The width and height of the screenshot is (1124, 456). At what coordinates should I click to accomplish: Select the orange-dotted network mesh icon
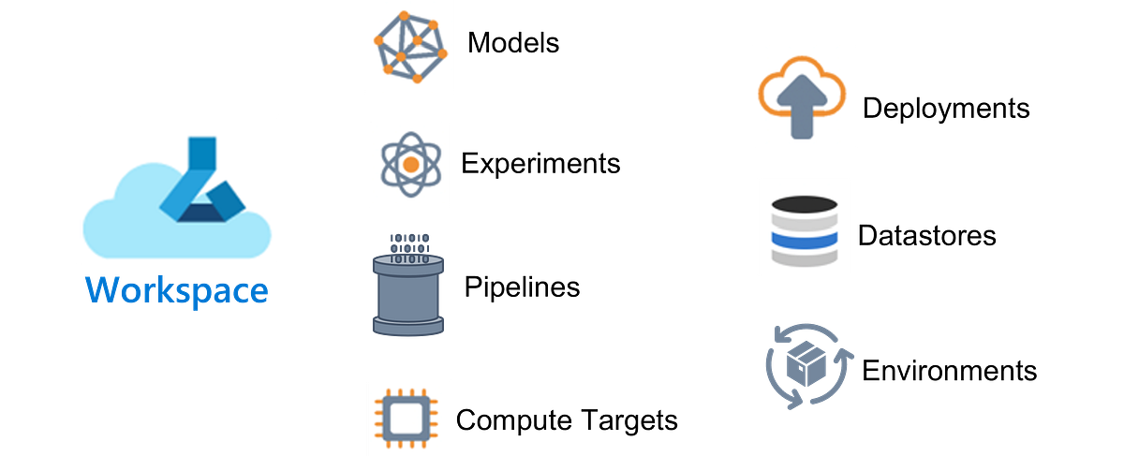408,47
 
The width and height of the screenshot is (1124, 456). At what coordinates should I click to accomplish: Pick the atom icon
409,163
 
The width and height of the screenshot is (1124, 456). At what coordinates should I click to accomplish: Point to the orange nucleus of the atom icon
409,164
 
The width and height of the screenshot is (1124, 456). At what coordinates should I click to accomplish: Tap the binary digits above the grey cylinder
409,244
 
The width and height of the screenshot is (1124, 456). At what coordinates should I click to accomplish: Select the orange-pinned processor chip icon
408,416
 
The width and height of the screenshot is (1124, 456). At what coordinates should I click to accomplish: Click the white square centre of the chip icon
408,416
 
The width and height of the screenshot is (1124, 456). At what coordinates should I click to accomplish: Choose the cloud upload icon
805,96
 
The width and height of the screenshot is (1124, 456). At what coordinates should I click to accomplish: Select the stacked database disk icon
805,228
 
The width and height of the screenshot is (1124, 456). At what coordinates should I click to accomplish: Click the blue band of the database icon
805,240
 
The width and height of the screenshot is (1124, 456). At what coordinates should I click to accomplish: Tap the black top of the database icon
805,203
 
